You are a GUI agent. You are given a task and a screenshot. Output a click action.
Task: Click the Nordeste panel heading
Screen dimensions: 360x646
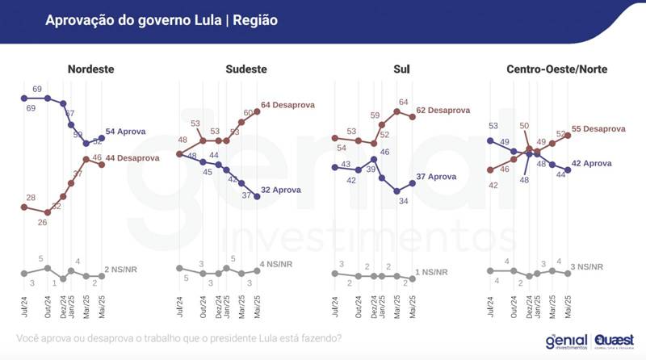tap(91, 69)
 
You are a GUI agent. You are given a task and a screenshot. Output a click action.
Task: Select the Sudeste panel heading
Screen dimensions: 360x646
tap(244, 69)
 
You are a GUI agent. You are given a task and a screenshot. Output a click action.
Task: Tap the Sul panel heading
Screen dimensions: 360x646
tap(401, 69)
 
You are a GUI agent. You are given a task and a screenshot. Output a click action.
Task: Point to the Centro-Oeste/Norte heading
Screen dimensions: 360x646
tap(556, 69)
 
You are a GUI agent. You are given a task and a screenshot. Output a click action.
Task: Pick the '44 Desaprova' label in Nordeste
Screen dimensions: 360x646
tap(132, 159)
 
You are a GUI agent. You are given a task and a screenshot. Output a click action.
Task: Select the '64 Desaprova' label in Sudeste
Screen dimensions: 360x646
tap(287, 105)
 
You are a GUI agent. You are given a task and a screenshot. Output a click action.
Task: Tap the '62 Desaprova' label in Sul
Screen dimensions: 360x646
tap(443, 111)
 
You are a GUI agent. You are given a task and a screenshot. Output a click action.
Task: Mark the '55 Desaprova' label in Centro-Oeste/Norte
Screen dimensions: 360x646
tap(598, 129)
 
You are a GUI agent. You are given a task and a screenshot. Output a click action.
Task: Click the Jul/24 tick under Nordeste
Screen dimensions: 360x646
tap(23, 311)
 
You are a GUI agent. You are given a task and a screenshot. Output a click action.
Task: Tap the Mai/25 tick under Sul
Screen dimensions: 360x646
tap(412, 311)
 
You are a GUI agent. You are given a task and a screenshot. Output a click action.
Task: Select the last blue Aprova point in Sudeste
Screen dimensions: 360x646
tap(257, 196)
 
